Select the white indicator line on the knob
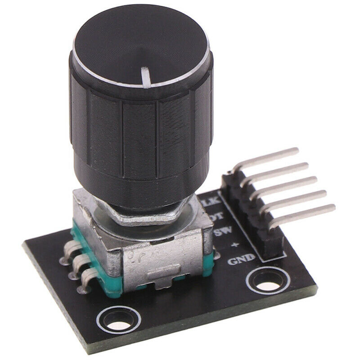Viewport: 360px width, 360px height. tap(146, 75)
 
